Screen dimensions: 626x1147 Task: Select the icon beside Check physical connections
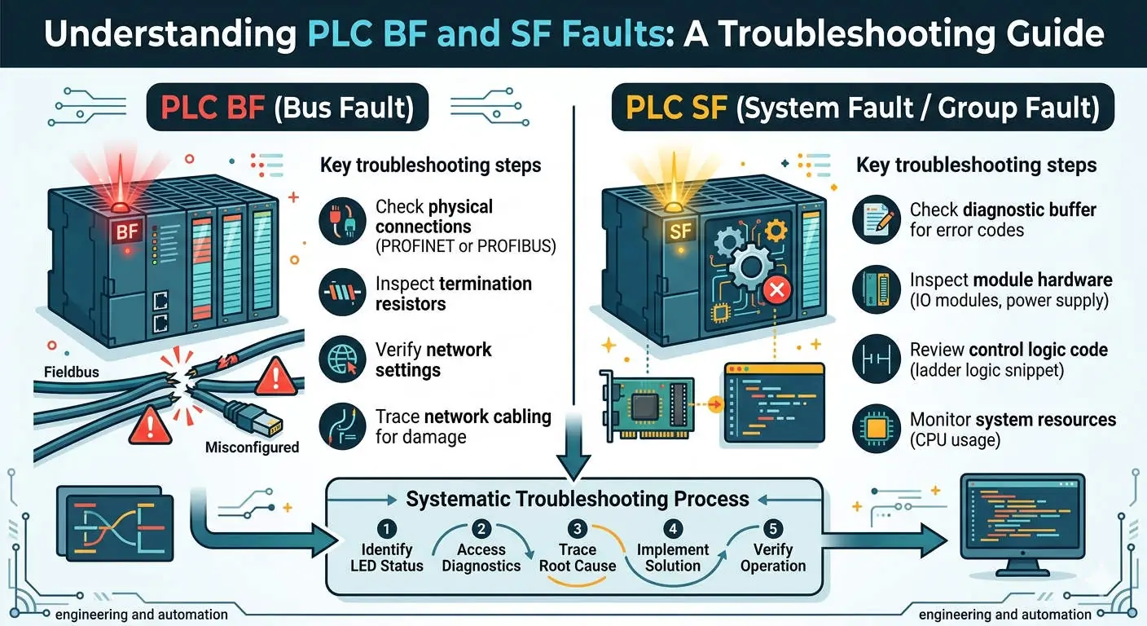342,221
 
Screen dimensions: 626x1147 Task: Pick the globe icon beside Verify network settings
342,359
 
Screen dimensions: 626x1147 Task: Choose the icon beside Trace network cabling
342,426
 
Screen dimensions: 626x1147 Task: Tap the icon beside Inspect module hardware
876,289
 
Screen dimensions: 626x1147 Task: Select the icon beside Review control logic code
876,359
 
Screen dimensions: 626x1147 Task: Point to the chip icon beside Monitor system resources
876,429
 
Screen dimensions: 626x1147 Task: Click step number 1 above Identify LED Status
387,527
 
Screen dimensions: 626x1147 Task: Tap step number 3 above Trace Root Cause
578,527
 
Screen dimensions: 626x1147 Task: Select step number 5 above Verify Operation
772,527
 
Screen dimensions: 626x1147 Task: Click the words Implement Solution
673,558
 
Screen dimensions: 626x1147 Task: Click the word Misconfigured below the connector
252,447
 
